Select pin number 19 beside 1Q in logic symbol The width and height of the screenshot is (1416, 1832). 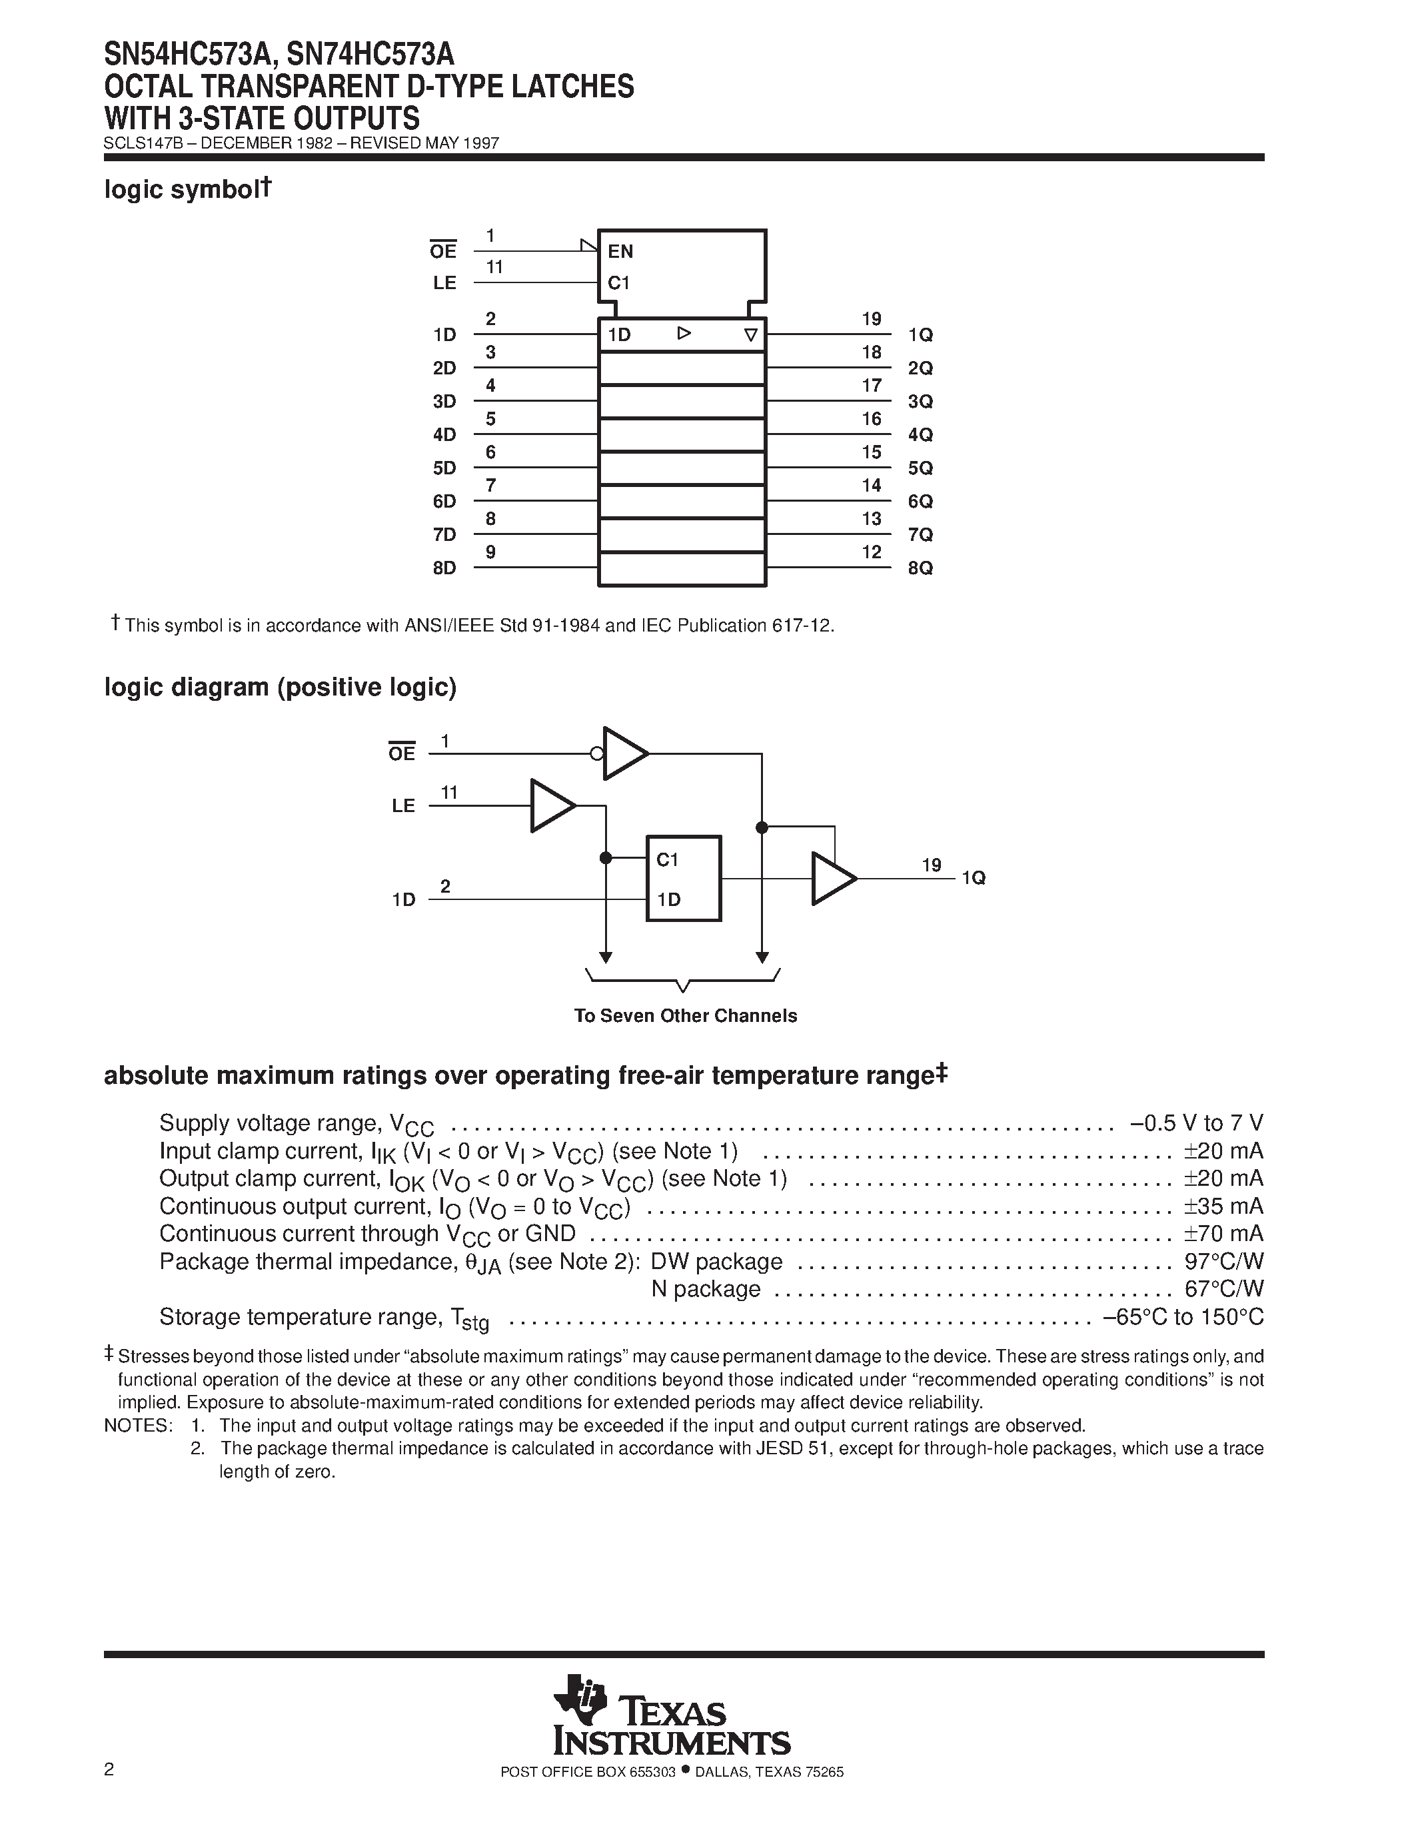click(872, 318)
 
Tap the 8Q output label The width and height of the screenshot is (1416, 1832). click(920, 568)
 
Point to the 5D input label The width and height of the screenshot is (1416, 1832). click(444, 468)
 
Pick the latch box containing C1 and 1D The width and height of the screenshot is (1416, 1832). click(683, 878)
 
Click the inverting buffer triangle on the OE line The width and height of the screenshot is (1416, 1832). click(624, 753)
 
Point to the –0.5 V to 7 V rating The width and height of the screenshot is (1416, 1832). click(1196, 1123)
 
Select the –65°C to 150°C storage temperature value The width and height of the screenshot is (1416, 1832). click(1183, 1317)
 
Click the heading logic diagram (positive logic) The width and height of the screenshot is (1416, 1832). click(280, 688)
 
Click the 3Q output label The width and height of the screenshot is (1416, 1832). click(920, 402)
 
